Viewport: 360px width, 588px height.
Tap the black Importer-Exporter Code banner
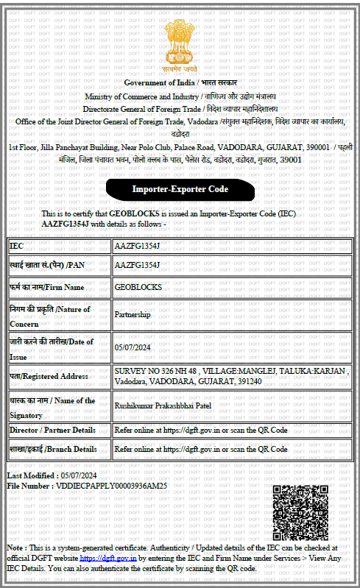point(180,189)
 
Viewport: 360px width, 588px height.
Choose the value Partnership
point(133,314)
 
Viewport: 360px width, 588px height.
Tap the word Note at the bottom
point(15,548)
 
